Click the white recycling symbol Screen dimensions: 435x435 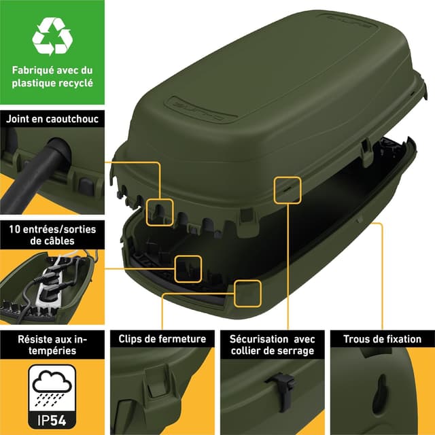(52, 36)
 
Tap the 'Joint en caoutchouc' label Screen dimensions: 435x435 (52, 119)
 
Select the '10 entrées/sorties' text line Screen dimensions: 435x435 (52, 229)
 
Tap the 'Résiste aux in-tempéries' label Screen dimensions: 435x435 (52, 345)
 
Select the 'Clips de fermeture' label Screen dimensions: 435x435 (162, 338)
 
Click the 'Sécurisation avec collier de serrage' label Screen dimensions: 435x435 (272, 345)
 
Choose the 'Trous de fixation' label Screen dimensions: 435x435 (382, 338)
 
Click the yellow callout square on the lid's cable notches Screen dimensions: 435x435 (160, 211)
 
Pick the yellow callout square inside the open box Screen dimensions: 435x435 (188, 268)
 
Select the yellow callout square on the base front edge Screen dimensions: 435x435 (248, 292)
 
